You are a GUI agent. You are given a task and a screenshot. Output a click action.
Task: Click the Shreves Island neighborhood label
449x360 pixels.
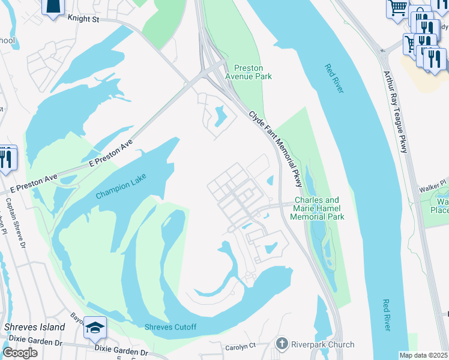click(x=34, y=327)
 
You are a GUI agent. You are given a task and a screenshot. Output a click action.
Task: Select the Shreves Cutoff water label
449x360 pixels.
click(x=170, y=327)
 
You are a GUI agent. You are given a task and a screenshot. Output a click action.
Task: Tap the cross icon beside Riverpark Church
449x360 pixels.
click(x=282, y=344)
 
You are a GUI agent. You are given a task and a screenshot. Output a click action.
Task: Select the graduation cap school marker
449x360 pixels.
click(x=95, y=328)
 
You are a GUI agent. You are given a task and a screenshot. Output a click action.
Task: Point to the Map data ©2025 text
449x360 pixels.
click(x=424, y=355)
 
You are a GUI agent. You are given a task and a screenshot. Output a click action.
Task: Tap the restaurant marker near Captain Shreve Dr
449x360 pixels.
click(x=6, y=158)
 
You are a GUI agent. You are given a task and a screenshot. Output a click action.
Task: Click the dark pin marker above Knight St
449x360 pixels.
click(x=53, y=6)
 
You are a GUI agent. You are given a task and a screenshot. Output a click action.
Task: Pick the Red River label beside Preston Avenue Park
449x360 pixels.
click(x=334, y=79)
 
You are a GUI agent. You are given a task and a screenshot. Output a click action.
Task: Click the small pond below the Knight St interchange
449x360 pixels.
click(x=218, y=114)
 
